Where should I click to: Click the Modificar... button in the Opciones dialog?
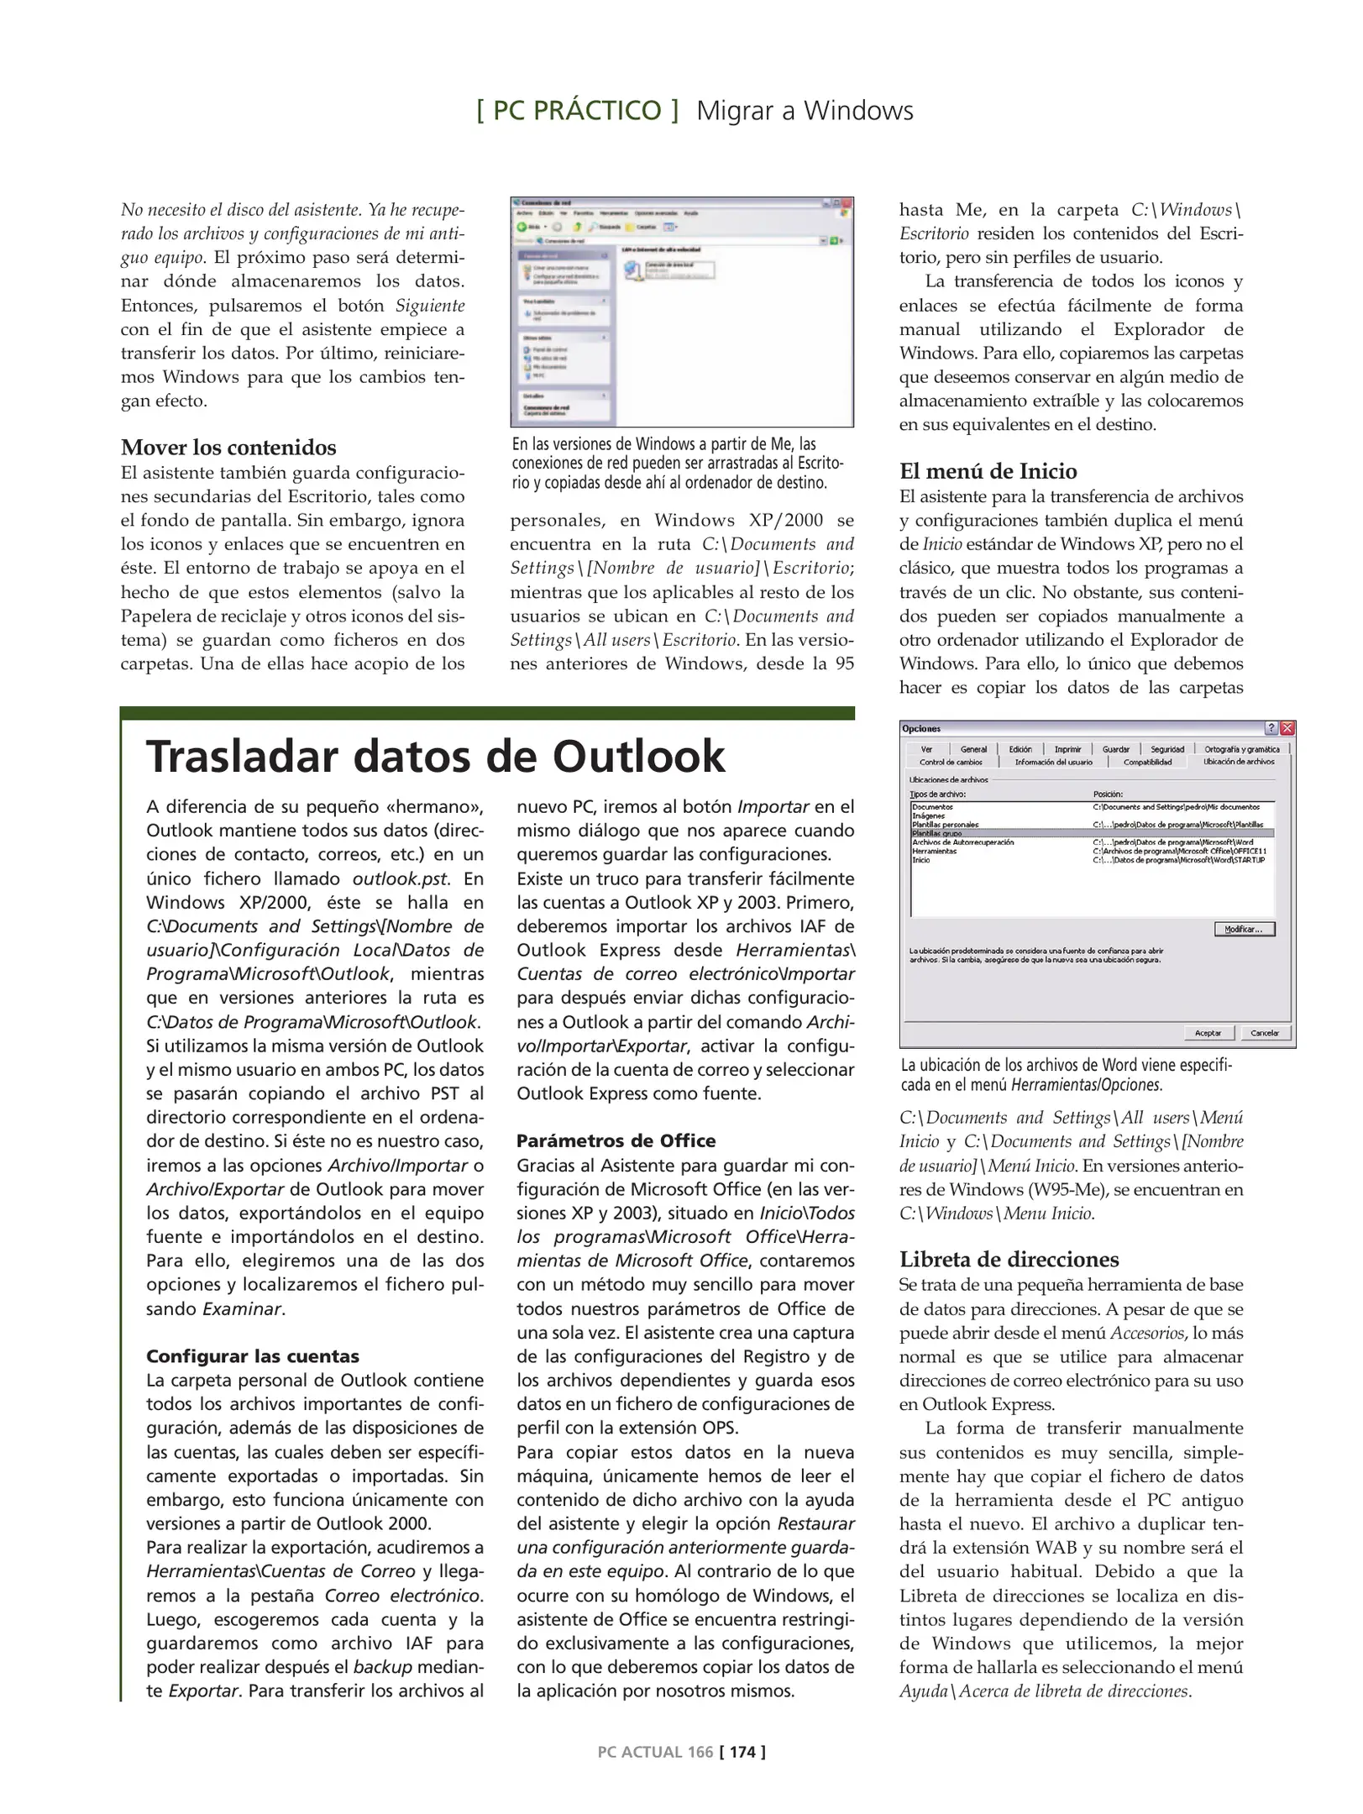point(1244,929)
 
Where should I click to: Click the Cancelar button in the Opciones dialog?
point(1264,1033)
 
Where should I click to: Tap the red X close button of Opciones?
point(1287,728)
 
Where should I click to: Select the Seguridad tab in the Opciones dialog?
point(1166,749)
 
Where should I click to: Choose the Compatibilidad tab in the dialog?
point(1147,762)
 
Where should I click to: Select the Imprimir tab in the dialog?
point(1067,749)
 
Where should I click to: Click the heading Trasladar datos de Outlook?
point(435,756)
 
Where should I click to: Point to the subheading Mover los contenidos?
point(228,447)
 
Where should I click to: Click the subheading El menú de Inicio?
point(988,471)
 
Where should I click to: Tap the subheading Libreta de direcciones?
point(1009,1259)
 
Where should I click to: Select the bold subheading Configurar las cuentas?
point(253,1355)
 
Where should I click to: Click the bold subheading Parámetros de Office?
point(616,1140)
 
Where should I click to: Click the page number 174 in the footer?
point(742,1751)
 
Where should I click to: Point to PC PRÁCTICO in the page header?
point(577,110)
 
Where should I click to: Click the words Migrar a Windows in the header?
point(805,110)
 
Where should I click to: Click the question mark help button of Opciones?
point(1271,728)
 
